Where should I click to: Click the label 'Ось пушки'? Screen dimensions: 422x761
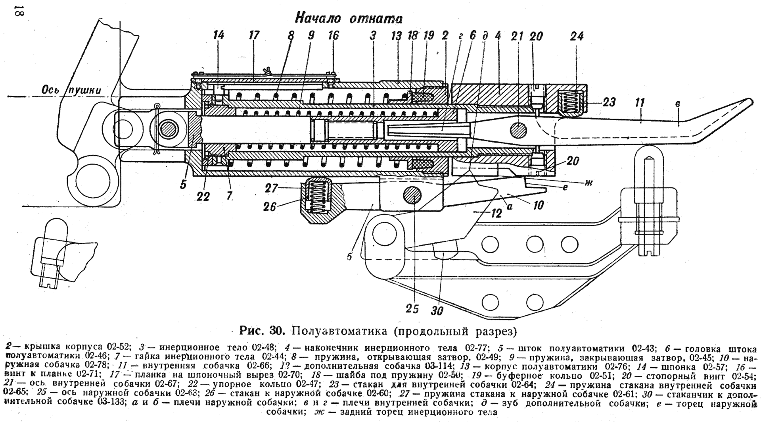coord(71,91)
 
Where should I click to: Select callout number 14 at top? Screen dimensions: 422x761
coord(218,36)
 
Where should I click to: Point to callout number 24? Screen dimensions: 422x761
coord(577,37)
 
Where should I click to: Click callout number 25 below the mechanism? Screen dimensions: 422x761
coord(412,309)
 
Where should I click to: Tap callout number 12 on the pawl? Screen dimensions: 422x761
coord(496,214)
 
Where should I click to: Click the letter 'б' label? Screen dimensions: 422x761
coord(349,257)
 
